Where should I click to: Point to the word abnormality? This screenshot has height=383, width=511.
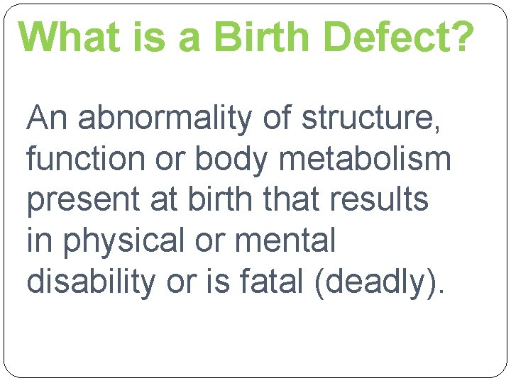(165, 118)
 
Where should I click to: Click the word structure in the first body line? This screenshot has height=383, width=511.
(372, 118)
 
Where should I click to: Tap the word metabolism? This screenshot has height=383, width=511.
(365, 159)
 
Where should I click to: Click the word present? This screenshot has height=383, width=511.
(83, 201)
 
